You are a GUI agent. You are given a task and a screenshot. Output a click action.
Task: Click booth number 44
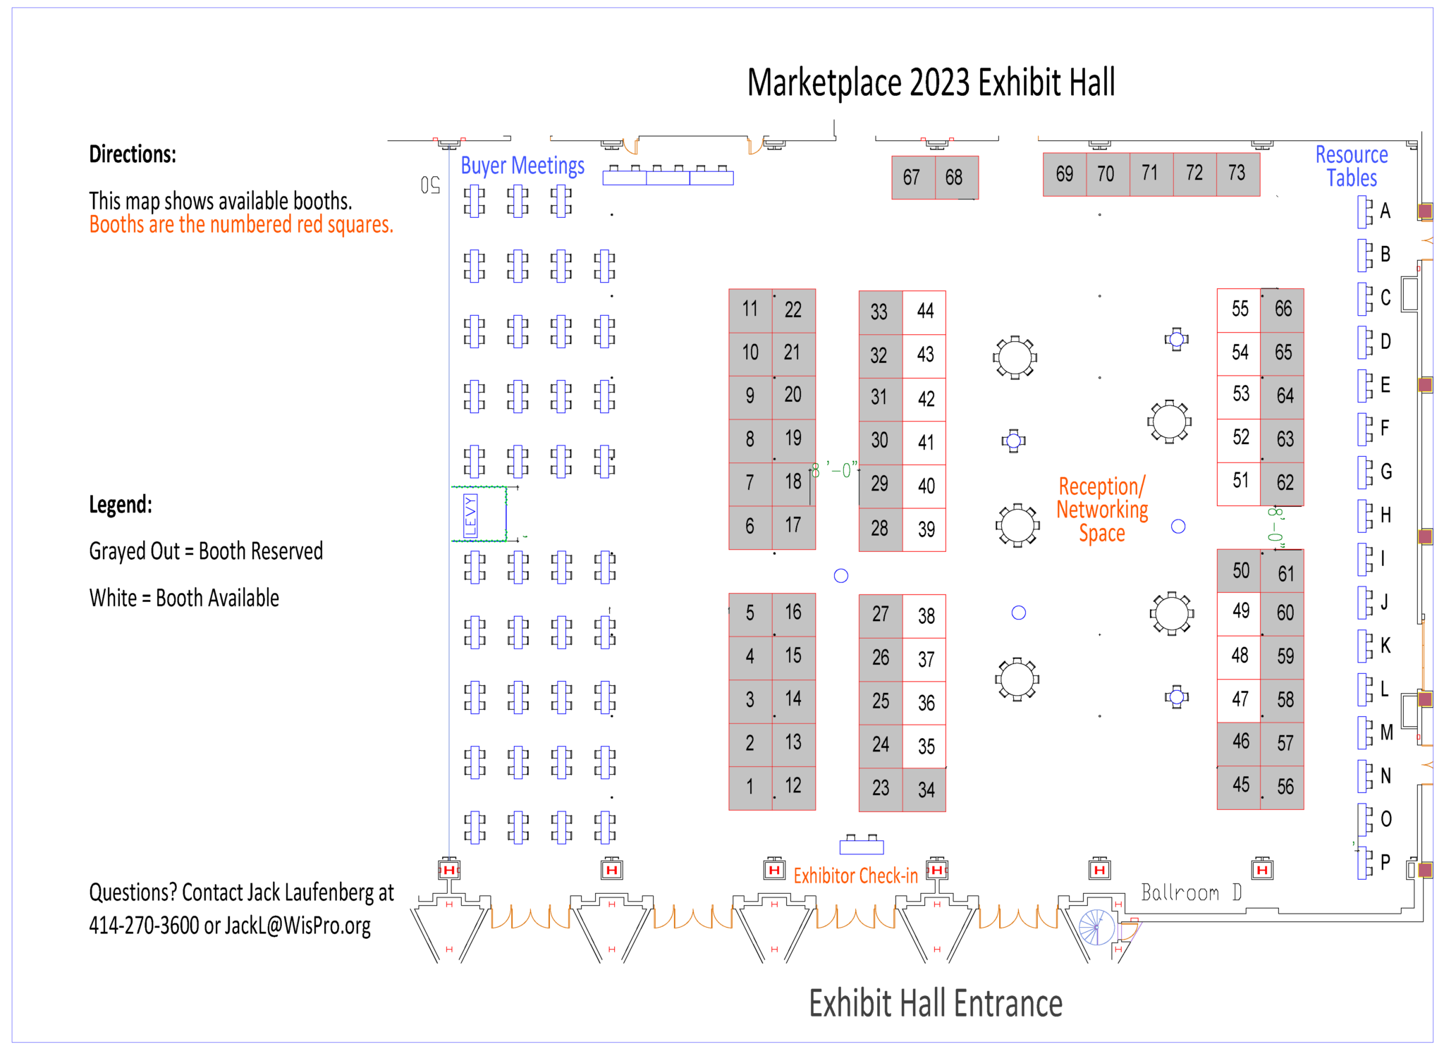point(924,311)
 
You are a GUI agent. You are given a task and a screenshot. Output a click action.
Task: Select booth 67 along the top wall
point(913,177)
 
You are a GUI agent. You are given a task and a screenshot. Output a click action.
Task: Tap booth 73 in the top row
point(1238,173)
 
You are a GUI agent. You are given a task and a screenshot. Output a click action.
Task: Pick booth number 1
point(750,787)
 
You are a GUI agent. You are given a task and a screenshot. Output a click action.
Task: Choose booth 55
point(1239,309)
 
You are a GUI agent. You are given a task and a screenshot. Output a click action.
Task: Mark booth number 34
point(924,789)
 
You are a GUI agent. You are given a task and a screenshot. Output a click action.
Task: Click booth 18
point(794,484)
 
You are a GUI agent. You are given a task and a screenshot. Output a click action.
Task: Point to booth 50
point(1239,570)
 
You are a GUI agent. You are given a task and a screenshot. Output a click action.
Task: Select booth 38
point(924,615)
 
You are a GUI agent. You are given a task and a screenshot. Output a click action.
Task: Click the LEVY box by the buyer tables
point(479,514)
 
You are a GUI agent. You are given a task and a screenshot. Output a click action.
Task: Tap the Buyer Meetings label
point(522,166)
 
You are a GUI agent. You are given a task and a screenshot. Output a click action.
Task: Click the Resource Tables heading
point(1352,166)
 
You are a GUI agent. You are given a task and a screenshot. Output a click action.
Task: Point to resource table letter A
point(1385,211)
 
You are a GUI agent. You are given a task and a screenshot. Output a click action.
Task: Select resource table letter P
point(1385,861)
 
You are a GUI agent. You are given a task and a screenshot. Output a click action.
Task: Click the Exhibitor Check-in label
point(855,876)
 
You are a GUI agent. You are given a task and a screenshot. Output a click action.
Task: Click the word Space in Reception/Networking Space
point(1102,534)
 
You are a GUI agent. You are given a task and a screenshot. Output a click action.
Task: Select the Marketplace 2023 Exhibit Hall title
point(931,82)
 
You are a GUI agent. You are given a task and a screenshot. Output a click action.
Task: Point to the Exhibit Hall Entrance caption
point(936,1003)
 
